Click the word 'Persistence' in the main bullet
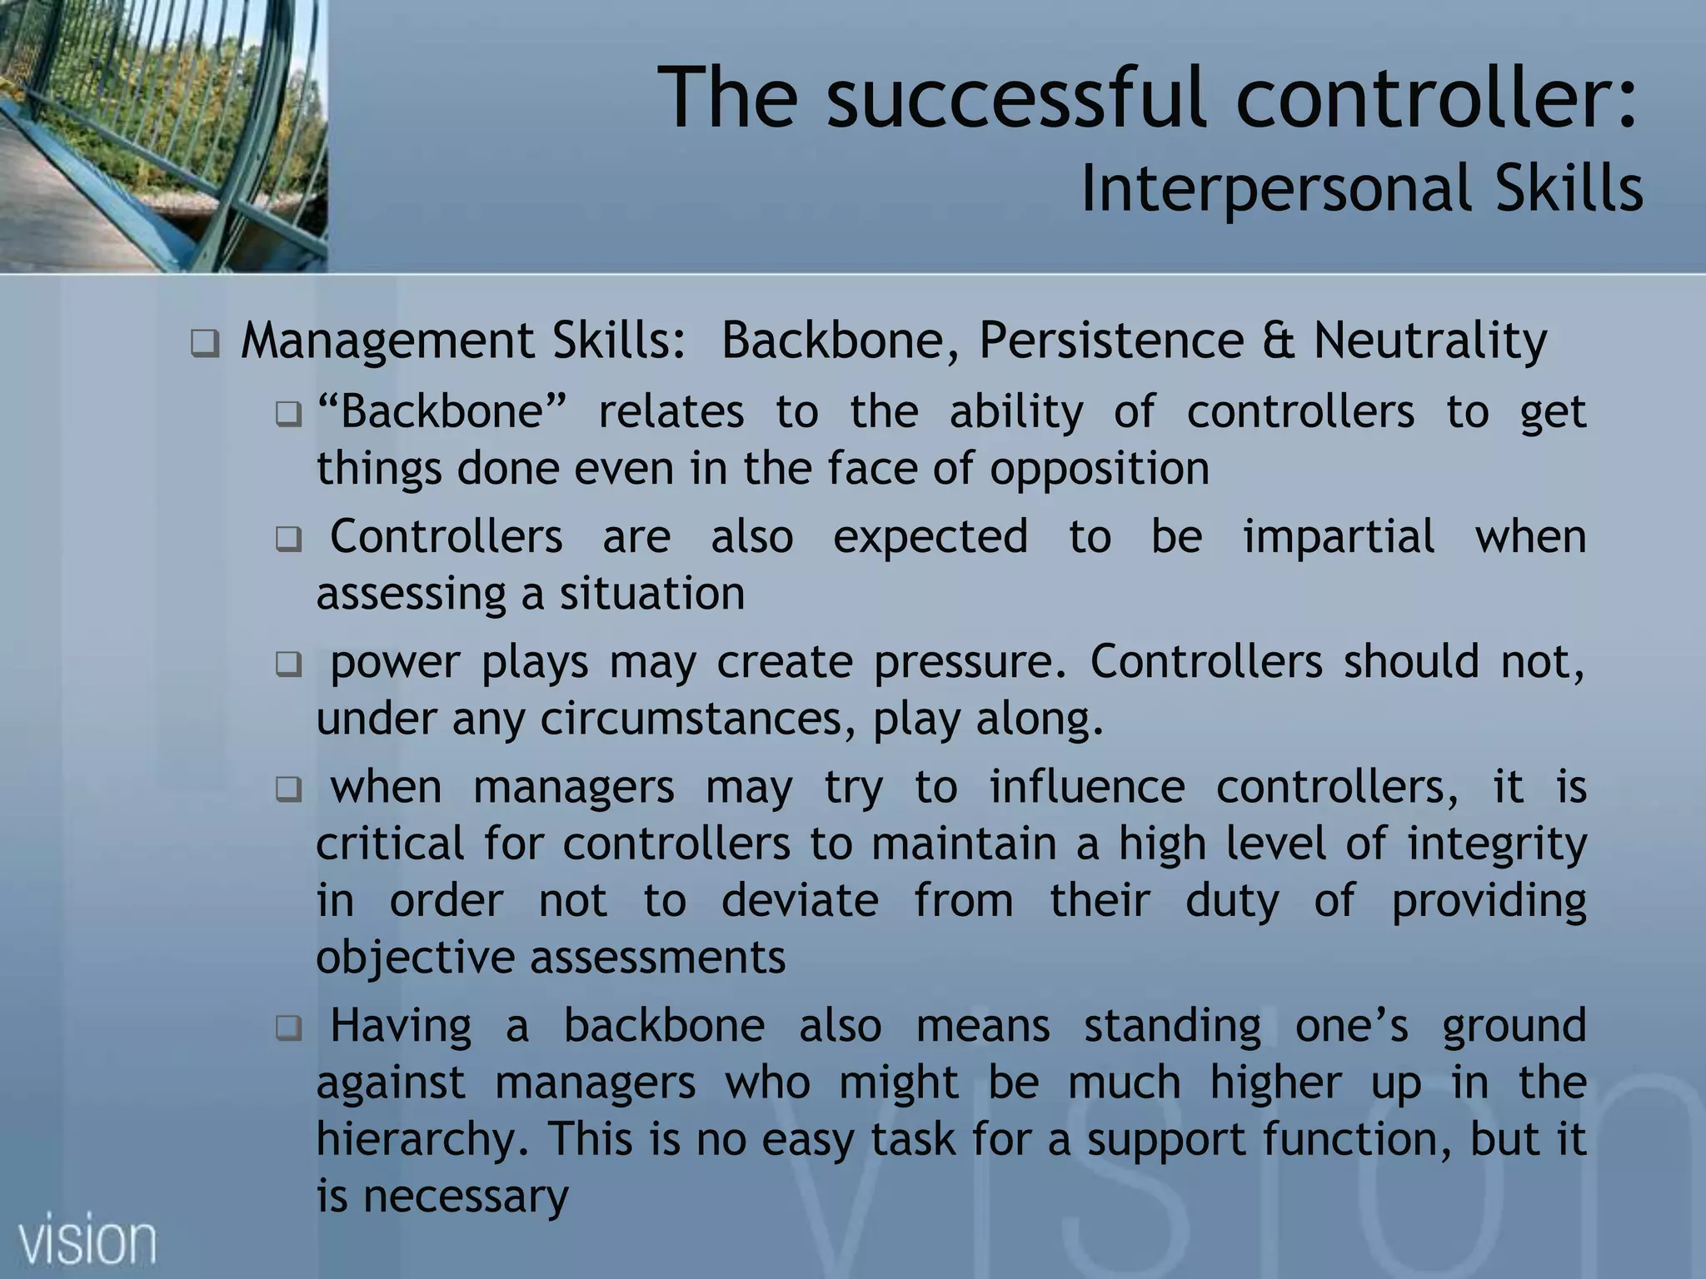click(x=1111, y=341)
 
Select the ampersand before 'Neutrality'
click(x=1279, y=341)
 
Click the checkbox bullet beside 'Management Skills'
click(x=204, y=343)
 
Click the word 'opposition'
click(x=1099, y=468)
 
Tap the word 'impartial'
click(x=1339, y=536)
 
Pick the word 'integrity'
click(x=1497, y=844)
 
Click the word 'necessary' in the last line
click(x=466, y=1197)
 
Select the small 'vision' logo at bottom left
click(x=87, y=1242)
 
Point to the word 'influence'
click(x=1086, y=787)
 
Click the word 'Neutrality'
click(x=1430, y=341)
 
